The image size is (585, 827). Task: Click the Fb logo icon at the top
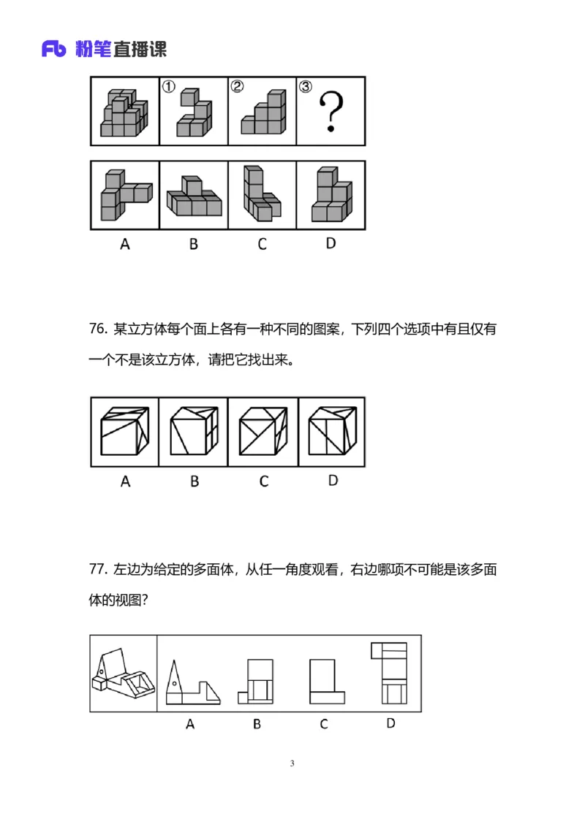[x=56, y=49]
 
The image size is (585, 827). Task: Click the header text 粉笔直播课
[x=121, y=49]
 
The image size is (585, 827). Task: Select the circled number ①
[x=168, y=87]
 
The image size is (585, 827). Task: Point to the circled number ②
[x=237, y=87]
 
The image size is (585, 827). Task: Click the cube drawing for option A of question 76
[x=124, y=432]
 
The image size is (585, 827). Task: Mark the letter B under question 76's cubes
[x=195, y=481]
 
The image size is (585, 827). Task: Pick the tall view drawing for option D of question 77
[x=392, y=672]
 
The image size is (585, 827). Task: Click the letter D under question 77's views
[x=390, y=723]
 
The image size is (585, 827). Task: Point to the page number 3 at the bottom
[x=292, y=763]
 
